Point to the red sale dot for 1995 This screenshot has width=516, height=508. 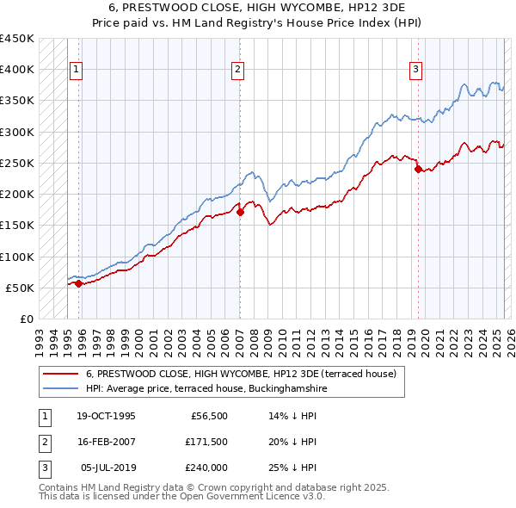78,283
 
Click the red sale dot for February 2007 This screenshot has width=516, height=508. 240,212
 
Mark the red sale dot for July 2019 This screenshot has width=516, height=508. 418,170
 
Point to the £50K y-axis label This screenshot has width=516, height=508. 21,288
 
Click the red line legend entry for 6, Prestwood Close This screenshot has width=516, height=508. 241,374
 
